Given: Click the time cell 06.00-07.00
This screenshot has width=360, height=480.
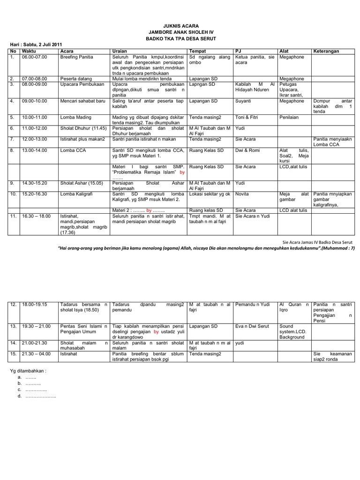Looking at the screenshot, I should click(x=34, y=57).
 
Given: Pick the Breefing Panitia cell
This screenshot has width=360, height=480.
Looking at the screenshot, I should click(x=77, y=57).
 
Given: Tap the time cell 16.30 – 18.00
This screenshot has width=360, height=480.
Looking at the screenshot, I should click(x=36, y=216).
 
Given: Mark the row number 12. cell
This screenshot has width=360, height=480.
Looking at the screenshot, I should click(x=14, y=305).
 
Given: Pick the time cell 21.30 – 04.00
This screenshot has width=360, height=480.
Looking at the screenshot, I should click(x=36, y=354).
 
